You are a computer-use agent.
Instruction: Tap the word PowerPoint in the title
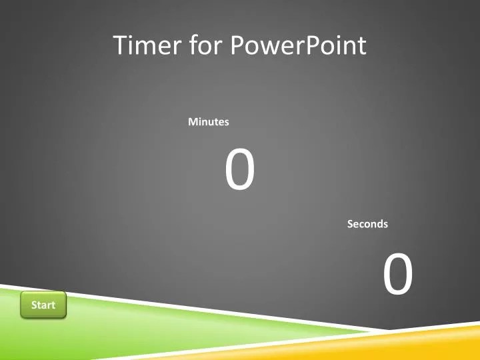tap(298, 45)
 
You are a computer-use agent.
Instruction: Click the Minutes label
tap(209, 122)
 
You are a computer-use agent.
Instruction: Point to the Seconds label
tap(367, 224)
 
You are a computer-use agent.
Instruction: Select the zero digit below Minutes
tap(239, 171)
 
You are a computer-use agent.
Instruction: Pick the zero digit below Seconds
tap(398, 275)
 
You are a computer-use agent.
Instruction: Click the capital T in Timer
tap(121, 45)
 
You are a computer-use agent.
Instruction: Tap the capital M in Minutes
tap(193, 122)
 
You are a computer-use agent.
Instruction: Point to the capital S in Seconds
tap(350, 224)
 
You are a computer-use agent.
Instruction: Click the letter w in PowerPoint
tap(273, 47)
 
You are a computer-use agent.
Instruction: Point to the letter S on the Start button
tap(34, 305)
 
